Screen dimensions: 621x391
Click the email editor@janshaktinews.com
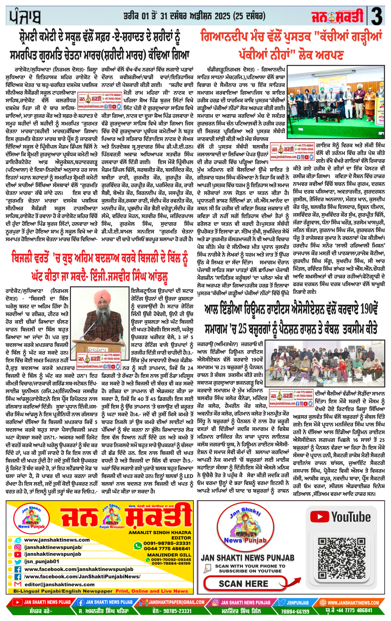click(x=59, y=585)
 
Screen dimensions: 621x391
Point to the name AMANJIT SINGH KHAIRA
click(x=160, y=532)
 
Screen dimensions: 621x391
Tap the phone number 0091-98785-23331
click(x=167, y=543)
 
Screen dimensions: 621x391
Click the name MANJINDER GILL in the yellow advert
click(x=169, y=554)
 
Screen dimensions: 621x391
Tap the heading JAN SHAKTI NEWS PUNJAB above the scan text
click(x=247, y=558)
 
